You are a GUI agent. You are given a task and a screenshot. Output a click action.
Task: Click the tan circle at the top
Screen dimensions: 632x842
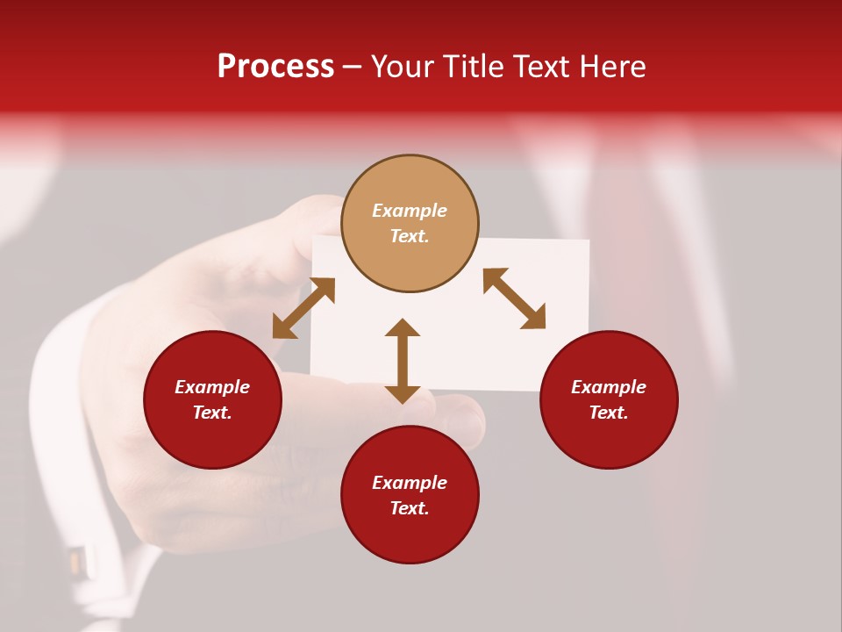point(410,223)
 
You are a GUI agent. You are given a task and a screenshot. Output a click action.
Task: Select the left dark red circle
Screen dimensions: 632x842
point(212,399)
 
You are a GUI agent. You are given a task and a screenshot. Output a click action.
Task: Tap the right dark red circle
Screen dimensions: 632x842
point(609,399)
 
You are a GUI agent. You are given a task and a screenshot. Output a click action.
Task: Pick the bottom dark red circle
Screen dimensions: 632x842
point(410,495)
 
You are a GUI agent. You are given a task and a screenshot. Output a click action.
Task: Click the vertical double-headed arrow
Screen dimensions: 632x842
point(403,361)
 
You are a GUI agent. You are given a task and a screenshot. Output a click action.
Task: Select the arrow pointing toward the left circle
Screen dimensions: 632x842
point(303,308)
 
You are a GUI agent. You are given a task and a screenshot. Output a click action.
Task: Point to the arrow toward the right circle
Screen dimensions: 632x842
point(514,298)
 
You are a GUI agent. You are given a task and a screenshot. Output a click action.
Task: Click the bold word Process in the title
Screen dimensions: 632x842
point(275,67)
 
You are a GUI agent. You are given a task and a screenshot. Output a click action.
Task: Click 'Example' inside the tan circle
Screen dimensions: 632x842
point(410,211)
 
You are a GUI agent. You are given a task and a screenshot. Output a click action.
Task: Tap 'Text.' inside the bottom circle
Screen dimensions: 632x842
point(410,508)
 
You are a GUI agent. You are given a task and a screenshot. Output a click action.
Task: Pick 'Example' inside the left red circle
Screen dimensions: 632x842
point(212,387)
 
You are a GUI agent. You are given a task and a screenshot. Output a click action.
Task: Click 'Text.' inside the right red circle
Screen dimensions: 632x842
point(609,413)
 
